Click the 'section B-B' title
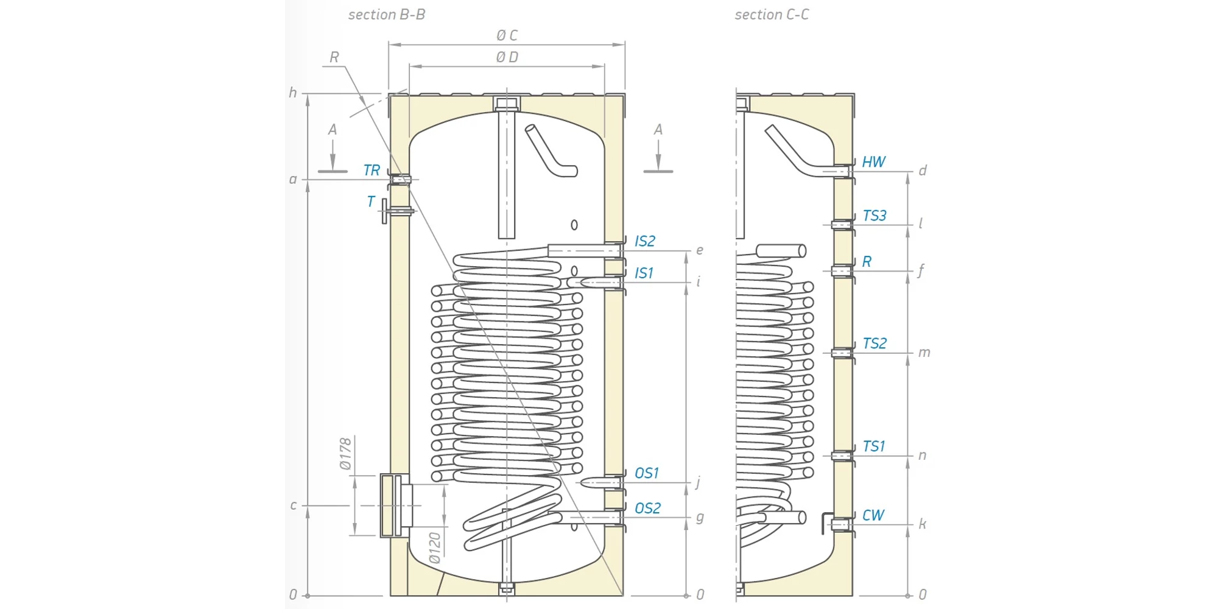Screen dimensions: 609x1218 click(x=387, y=15)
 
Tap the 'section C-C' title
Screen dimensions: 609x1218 click(x=772, y=15)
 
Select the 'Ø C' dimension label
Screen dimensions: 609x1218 click(x=507, y=36)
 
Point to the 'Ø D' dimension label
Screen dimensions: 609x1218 click(x=507, y=57)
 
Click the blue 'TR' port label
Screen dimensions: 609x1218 click(x=371, y=171)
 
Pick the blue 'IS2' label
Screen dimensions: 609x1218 click(x=645, y=241)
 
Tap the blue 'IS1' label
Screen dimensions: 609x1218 click(x=644, y=273)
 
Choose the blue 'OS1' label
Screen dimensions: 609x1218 click(x=647, y=473)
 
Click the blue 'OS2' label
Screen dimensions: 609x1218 click(x=647, y=509)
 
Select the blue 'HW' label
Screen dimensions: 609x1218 click(x=873, y=162)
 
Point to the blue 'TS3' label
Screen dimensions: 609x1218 click(x=875, y=216)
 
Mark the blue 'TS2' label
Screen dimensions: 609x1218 click(x=875, y=343)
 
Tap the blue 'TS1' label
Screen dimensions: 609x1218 click(x=874, y=446)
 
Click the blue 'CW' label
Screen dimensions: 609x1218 click(x=873, y=515)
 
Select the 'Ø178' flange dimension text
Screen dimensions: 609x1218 click(x=346, y=454)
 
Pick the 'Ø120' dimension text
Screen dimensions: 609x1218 click(x=434, y=547)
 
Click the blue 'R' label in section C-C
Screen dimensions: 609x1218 click(x=867, y=262)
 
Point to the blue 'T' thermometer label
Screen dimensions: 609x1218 click(x=371, y=202)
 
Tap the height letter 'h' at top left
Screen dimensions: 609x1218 click(x=293, y=93)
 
